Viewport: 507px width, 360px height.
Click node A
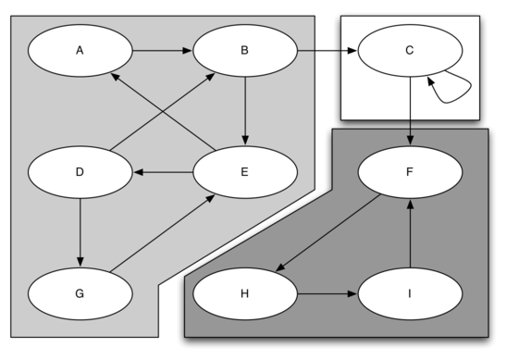[x=80, y=51]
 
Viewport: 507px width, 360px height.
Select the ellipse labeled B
[x=244, y=51]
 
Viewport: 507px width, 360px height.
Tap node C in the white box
[x=409, y=51]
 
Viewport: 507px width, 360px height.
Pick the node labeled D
[x=80, y=172]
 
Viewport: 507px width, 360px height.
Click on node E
[x=244, y=172]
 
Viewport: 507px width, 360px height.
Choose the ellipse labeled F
[x=409, y=172]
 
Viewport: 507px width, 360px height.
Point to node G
[x=80, y=293]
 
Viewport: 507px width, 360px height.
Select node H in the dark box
[x=244, y=293]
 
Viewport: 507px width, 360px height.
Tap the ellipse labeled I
[x=409, y=293]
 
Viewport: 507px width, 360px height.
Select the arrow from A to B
[x=162, y=51]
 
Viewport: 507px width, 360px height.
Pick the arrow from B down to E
[x=244, y=111]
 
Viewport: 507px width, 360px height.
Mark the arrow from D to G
[x=80, y=232]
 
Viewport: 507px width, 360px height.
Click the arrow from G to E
[x=163, y=232]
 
